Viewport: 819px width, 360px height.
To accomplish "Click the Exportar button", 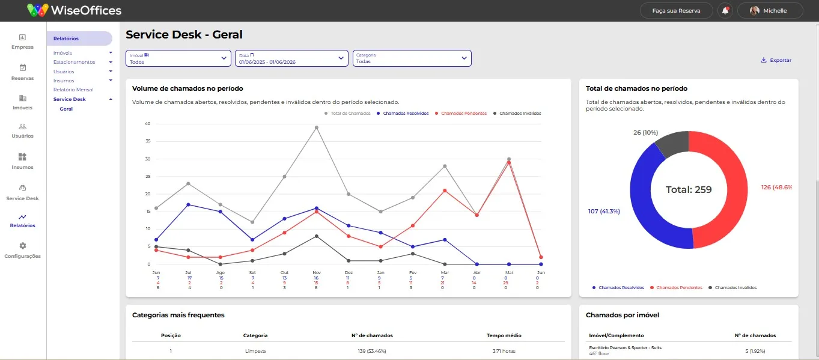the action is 776,60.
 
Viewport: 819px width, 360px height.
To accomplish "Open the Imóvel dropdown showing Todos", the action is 178,58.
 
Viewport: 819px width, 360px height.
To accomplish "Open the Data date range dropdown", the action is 291,58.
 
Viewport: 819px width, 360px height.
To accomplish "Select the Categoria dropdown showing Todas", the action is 412,58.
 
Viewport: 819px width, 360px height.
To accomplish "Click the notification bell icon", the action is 725,11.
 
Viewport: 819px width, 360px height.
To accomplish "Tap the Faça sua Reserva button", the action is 677,11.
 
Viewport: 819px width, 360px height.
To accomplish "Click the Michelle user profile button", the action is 770,11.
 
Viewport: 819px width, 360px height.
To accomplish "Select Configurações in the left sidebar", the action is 23,250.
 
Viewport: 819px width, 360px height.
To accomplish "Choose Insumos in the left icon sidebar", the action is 23,161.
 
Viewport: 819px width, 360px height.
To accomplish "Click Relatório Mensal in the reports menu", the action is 73,90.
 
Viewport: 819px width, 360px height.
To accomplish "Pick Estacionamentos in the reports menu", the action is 75,62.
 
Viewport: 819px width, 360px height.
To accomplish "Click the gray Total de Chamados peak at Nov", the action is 317,127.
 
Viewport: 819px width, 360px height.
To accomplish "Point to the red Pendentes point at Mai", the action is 509,162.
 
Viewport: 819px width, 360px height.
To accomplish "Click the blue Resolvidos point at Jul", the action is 188,204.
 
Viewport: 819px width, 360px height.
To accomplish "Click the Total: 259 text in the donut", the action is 689,189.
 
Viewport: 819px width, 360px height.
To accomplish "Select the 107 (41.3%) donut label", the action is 604,211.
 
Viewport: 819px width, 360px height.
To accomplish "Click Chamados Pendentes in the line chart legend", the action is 464,114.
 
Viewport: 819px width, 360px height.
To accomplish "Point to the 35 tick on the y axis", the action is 148,141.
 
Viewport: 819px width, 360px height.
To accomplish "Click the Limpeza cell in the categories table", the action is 255,351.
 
